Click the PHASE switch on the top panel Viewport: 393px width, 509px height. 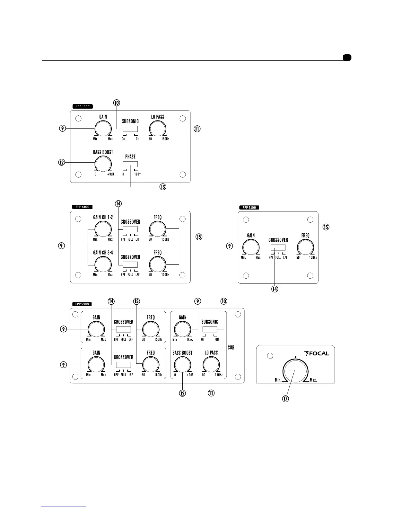tap(130, 164)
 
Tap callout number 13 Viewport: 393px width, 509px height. tap(163, 187)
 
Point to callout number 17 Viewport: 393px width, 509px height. tap(285, 399)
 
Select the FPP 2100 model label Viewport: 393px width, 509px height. tap(249, 208)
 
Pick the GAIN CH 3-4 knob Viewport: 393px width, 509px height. tap(103, 265)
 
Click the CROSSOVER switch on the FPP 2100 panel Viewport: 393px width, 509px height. tap(278, 248)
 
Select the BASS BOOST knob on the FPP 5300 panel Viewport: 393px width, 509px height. tap(182, 365)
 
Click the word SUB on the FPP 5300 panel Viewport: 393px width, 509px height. tap(231, 348)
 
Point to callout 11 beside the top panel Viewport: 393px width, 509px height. tap(197, 129)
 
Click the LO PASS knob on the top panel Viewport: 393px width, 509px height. tap(157, 129)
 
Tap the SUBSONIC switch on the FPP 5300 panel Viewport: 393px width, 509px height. tap(210, 329)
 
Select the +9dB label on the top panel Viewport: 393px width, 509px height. tap(110, 174)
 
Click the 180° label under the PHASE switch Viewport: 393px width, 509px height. tap(138, 174)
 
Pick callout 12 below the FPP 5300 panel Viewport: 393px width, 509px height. tap(182, 393)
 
